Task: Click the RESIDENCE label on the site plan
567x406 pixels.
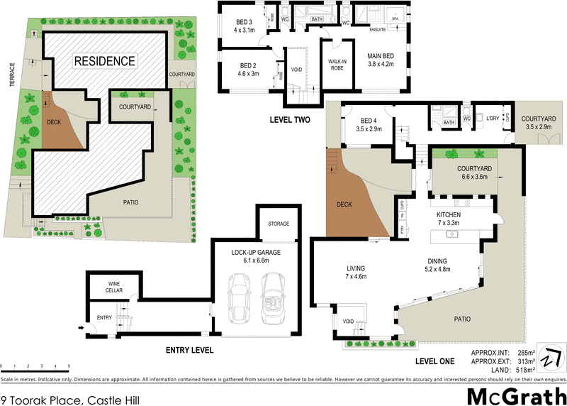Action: point(105,61)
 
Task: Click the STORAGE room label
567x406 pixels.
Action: point(278,224)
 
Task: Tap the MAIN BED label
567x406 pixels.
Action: point(381,55)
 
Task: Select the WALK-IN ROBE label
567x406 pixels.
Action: point(337,65)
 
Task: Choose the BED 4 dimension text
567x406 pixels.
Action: point(370,130)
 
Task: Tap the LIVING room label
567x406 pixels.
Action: point(355,268)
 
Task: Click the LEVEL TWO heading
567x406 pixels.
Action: point(290,119)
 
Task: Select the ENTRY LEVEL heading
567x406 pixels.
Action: point(189,350)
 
